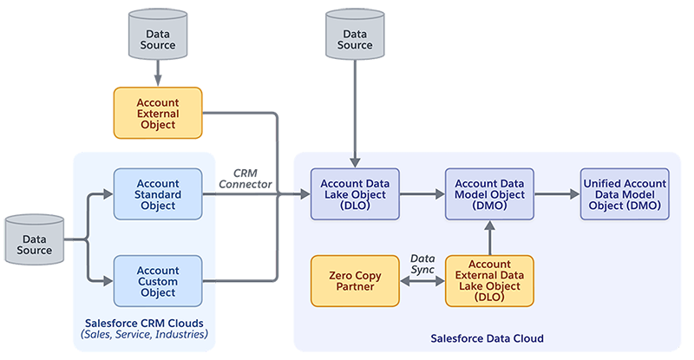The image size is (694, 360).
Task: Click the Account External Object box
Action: (x=158, y=113)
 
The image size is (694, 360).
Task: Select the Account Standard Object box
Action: (x=158, y=194)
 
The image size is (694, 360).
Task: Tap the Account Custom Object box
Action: (x=158, y=281)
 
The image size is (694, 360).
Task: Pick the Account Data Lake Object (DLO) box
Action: (x=355, y=194)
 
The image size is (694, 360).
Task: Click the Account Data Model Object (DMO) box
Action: (x=490, y=194)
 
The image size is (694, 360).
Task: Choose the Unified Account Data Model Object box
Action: (x=625, y=194)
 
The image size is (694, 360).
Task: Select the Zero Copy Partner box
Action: (x=355, y=281)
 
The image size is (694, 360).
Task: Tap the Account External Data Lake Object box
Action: (x=490, y=281)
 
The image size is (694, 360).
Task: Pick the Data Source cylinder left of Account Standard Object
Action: (x=34, y=239)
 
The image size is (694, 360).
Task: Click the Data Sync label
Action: (x=422, y=265)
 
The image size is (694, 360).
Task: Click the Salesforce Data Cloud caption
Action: (x=487, y=338)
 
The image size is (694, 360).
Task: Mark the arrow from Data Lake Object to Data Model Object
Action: (x=422, y=194)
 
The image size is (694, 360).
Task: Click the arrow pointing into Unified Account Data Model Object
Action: (x=558, y=194)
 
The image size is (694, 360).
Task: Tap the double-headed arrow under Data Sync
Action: (x=422, y=282)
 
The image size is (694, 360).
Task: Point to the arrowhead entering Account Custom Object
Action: (x=108, y=281)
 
